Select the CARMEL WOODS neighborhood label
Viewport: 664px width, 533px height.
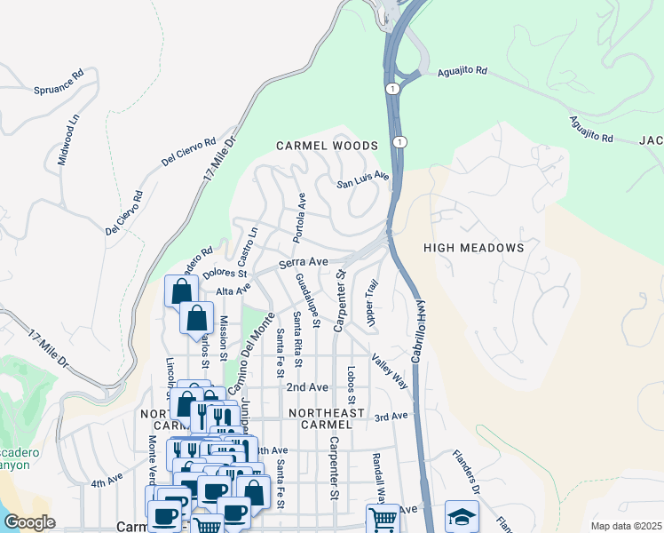[x=327, y=146]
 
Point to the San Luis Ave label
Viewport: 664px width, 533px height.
[x=363, y=181]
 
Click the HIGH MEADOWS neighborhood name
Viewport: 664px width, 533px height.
[x=474, y=248]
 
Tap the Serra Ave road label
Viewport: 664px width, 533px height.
[x=304, y=263]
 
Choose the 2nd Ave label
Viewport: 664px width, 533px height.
[x=307, y=388]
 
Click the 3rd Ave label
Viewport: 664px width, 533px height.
[x=391, y=416]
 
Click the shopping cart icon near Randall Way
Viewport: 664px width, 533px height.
[x=383, y=519]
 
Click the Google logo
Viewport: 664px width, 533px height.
[x=29, y=522]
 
